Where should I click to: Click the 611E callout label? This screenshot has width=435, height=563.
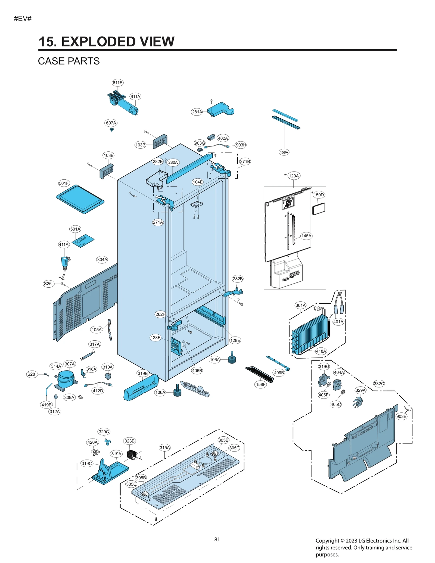(117, 83)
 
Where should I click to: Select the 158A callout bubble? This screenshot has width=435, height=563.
(284, 152)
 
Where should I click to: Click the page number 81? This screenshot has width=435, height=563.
(217, 539)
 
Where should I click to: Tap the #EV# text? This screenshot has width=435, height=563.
(23, 18)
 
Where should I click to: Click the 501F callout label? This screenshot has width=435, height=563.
(64, 183)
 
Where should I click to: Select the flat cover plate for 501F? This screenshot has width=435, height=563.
(80, 199)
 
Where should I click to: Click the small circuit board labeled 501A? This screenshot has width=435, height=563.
(83, 241)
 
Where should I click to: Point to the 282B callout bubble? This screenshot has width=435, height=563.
(238, 279)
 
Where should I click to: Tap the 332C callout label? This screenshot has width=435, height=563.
(379, 384)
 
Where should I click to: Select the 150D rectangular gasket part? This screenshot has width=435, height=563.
(319, 209)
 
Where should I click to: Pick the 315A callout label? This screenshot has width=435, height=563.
(164, 447)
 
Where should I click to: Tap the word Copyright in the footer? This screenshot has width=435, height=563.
(327, 541)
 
